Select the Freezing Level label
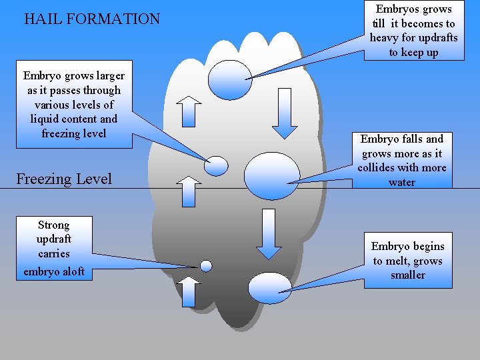[64, 179]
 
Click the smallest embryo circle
[206, 266]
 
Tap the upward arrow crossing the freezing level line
[190, 191]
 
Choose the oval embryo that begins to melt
[269, 287]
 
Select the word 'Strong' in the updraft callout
[54, 225]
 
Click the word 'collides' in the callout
[376, 167]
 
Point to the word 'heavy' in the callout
[384, 37]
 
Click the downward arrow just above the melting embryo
[269, 234]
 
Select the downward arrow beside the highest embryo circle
[285, 113]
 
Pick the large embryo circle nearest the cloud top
[230, 79]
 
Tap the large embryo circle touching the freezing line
[272, 176]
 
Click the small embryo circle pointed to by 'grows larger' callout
[216, 165]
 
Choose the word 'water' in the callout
[401, 182]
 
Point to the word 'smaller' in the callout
[407, 275]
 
